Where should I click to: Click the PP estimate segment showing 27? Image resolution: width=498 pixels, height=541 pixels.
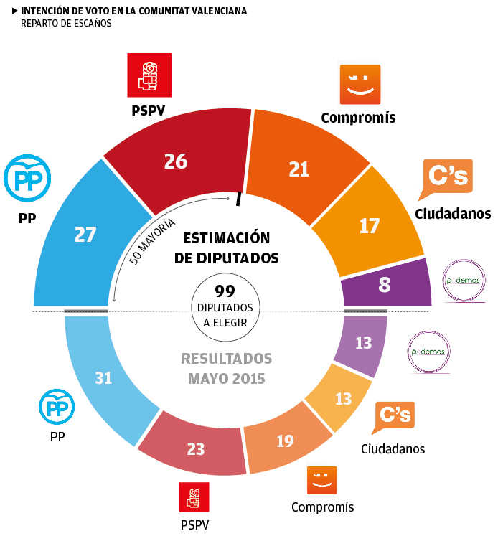pos(85,234)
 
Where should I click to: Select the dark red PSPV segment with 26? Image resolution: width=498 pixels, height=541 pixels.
pos(176,161)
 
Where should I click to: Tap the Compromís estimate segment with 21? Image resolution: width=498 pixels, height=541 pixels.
pos(299,169)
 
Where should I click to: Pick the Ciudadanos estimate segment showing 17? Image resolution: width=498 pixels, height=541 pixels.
pos(369,226)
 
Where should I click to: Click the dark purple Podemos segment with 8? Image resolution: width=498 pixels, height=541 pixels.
pos(385,285)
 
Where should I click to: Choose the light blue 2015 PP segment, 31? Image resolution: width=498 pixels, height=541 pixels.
pos(103,377)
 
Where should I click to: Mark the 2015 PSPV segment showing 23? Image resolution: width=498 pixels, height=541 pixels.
pos(195,449)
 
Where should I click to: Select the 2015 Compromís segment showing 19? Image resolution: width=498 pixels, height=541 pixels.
pos(285,441)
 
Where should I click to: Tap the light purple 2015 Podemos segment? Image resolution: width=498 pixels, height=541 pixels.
pos(363,343)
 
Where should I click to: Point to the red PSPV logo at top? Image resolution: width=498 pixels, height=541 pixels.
pos(149,75)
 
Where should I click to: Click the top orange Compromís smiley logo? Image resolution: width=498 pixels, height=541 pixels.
pos(360,85)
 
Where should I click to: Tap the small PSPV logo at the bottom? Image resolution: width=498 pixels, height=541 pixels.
pos(194,497)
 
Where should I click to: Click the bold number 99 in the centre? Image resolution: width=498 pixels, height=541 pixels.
pos(225,291)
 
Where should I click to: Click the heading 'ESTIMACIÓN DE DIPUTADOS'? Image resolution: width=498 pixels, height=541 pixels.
pos(226,248)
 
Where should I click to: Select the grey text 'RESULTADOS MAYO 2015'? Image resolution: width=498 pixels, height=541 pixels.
pos(226,367)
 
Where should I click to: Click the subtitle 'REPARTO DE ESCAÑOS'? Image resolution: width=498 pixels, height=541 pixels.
pos(66,24)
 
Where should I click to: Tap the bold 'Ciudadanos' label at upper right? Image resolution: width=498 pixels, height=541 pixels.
pos(453,213)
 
